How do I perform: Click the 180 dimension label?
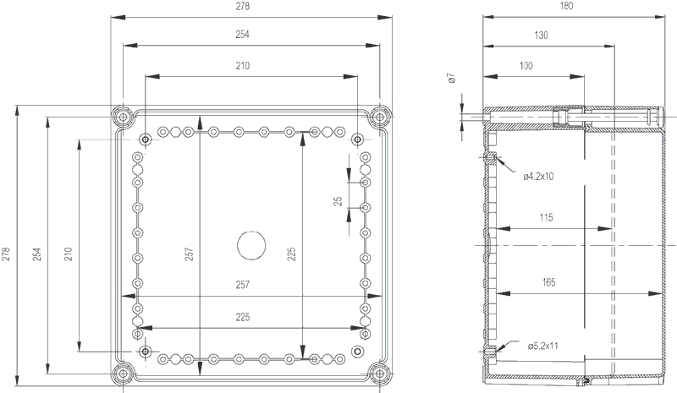click(x=566, y=6)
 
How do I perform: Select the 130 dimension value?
click(x=541, y=35)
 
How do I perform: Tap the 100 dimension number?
click(x=526, y=66)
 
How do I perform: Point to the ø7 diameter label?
click(x=452, y=79)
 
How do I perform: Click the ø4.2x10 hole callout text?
click(x=538, y=176)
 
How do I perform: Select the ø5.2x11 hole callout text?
click(x=543, y=346)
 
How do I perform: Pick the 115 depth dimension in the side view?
click(x=546, y=217)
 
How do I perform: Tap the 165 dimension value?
click(x=548, y=282)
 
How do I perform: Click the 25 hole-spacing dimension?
click(x=338, y=201)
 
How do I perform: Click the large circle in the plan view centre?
click(x=251, y=245)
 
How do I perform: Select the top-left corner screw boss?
click(x=123, y=117)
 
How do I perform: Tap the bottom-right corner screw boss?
click(x=379, y=374)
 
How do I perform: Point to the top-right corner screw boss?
click(x=379, y=117)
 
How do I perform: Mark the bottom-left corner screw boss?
click(x=123, y=374)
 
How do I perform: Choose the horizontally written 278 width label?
click(x=242, y=6)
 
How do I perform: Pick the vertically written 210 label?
click(x=69, y=254)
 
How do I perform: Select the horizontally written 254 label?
click(x=242, y=35)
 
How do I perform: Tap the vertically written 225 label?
click(x=291, y=254)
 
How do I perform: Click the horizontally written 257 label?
click(x=242, y=285)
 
